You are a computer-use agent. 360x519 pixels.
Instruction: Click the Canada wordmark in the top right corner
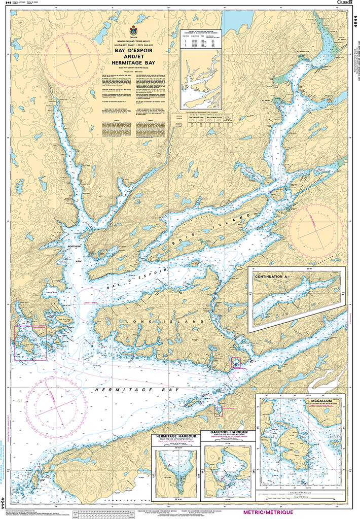click(346, 3)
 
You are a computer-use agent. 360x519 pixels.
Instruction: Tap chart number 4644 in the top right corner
click(355, 23)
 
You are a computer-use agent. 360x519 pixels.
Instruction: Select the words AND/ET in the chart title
click(133, 57)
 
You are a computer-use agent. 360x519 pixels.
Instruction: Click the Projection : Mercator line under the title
click(133, 72)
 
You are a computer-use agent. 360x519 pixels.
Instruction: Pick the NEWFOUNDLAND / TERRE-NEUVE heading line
click(133, 42)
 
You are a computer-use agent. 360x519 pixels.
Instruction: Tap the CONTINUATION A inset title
click(271, 276)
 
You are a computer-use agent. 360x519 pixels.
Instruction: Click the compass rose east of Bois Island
click(315, 229)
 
